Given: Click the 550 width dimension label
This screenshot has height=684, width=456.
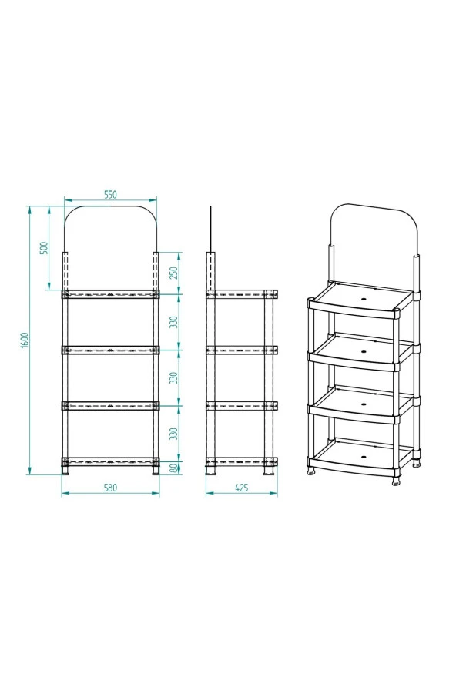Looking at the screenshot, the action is (x=110, y=195).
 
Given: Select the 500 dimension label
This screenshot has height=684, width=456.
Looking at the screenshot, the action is (x=43, y=248).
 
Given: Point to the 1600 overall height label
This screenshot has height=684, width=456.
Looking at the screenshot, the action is (x=25, y=340).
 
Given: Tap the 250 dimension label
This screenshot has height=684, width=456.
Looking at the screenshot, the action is (x=174, y=273).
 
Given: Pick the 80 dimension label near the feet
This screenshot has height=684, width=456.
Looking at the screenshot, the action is (x=174, y=468).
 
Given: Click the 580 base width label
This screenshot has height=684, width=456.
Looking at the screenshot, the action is (x=110, y=488).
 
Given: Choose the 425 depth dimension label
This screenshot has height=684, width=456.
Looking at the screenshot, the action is (x=241, y=488).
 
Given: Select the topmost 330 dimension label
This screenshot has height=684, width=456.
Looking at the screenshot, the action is (x=174, y=322).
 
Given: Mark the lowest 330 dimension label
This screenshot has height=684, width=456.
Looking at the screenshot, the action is (x=174, y=434).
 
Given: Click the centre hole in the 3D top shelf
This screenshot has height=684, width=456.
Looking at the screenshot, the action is (x=364, y=300).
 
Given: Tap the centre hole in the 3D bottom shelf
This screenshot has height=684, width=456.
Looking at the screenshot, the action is (x=364, y=456).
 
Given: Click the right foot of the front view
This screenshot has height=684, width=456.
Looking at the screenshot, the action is (x=156, y=471).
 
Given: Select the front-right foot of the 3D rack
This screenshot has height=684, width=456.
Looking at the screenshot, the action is (x=396, y=482).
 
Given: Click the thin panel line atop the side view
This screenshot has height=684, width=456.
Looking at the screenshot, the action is (x=210, y=229).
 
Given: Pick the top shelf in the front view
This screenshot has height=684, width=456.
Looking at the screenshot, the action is (x=110, y=294).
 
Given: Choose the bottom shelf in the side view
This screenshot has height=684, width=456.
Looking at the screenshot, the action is (x=242, y=461).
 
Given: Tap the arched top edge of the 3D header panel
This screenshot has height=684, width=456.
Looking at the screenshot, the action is (x=374, y=206).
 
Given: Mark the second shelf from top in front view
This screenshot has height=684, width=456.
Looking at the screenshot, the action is (x=110, y=350).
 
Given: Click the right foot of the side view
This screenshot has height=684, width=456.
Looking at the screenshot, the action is (x=268, y=471).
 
